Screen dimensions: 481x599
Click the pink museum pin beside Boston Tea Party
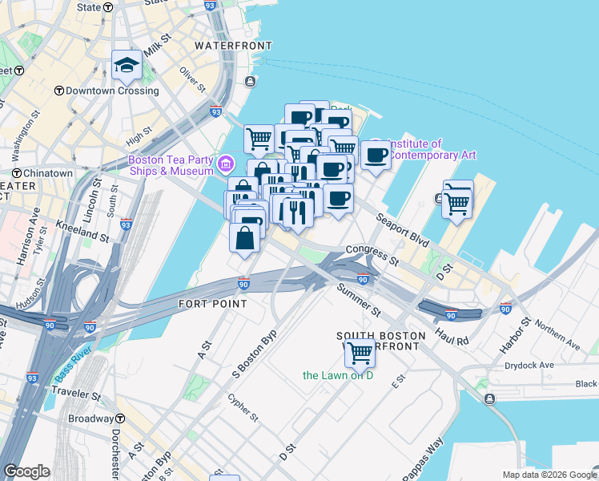pyautogui.click(x=226, y=165)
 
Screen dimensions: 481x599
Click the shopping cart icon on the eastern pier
pyautogui.click(x=457, y=200)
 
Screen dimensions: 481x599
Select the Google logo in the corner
pyautogui.click(x=27, y=471)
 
